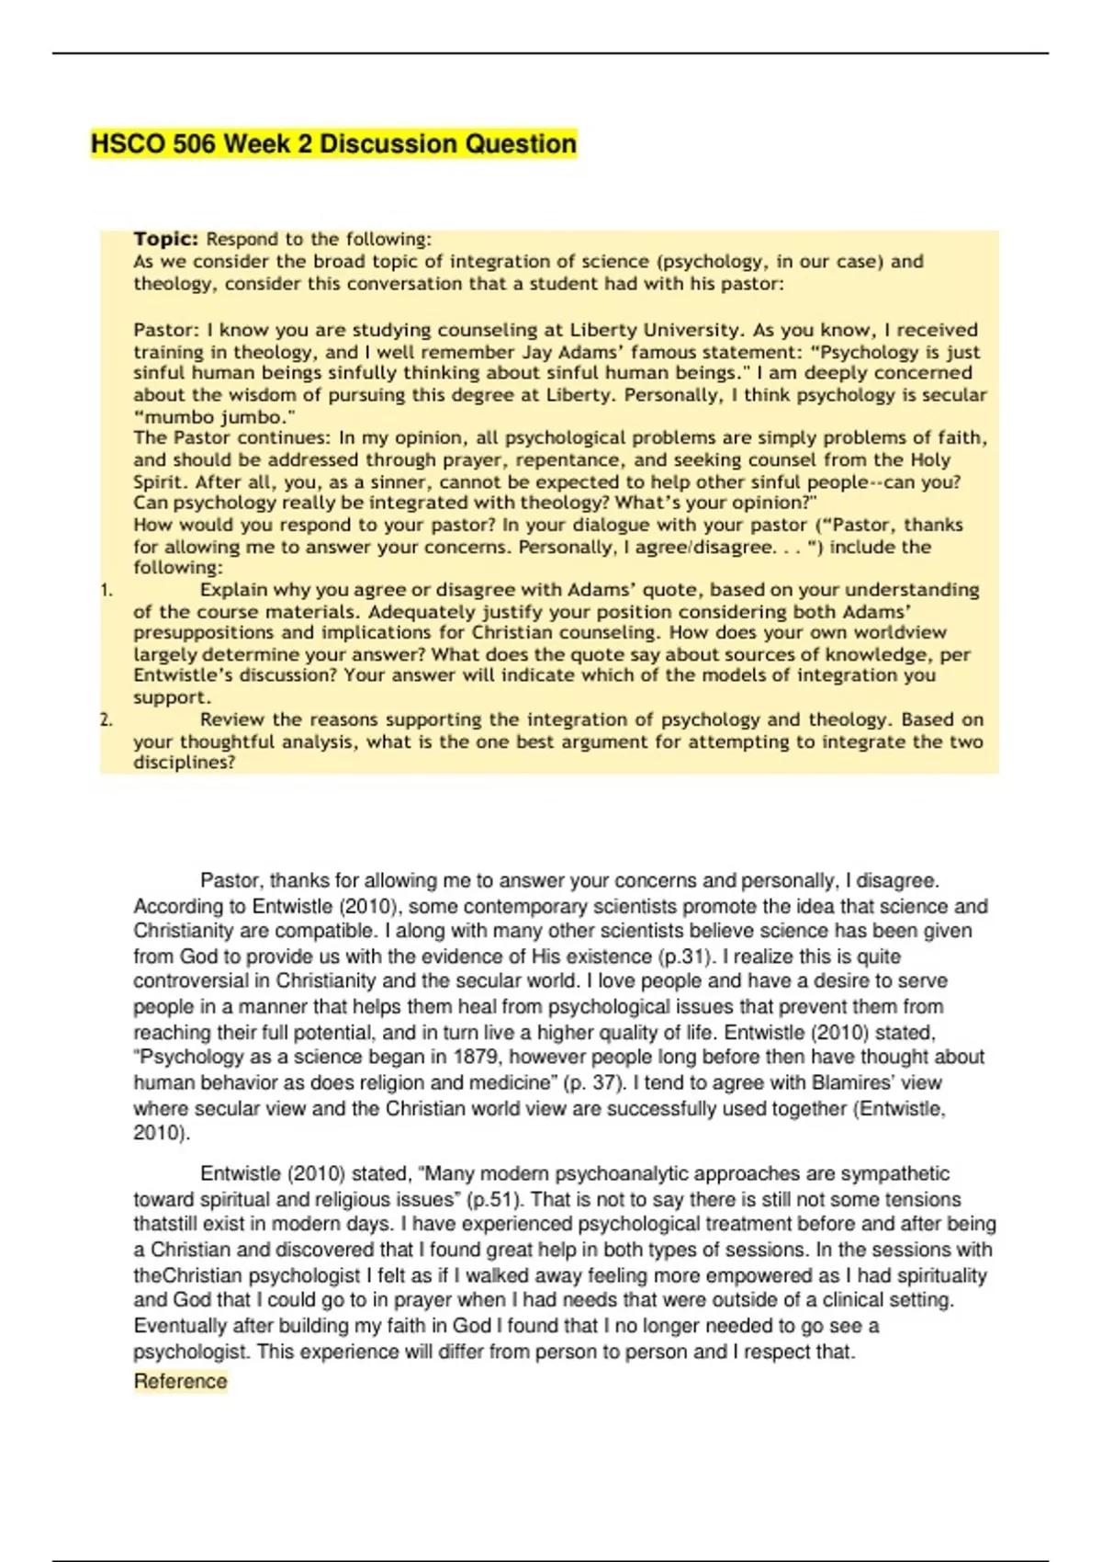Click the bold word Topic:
(x=165, y=239)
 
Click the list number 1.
(x=107, y=591)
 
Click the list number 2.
(x=107, y=720)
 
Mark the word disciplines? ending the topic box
(x=185, y=763)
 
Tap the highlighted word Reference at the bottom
(x=180, y=1381)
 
